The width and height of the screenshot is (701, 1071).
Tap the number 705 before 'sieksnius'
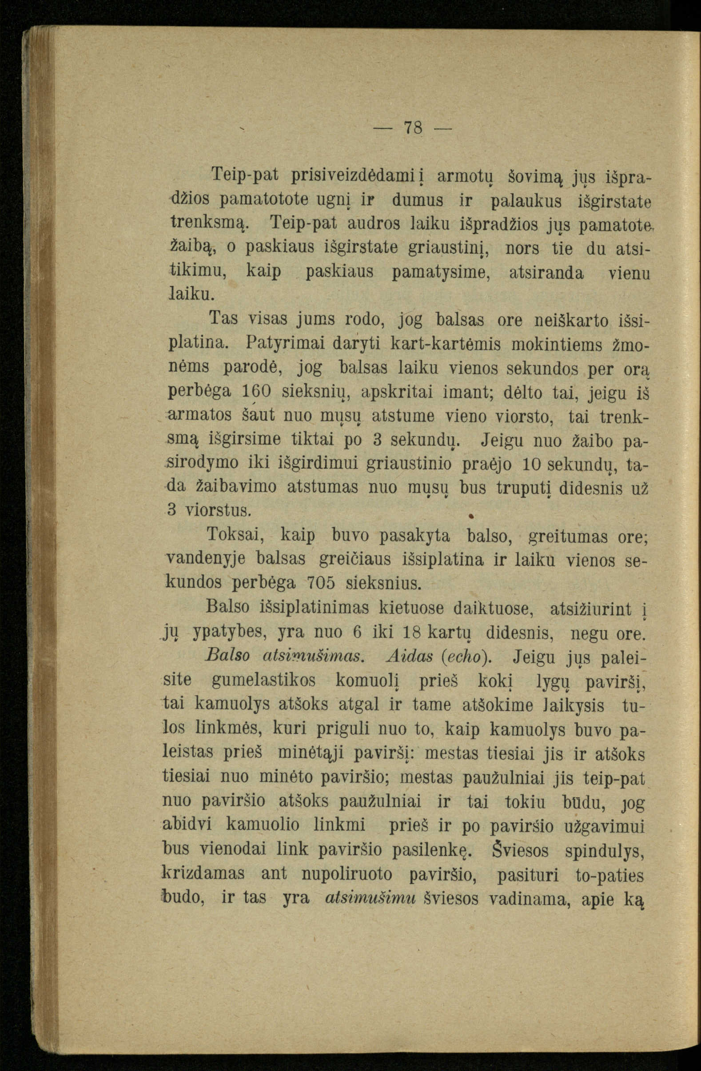point(321,584)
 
